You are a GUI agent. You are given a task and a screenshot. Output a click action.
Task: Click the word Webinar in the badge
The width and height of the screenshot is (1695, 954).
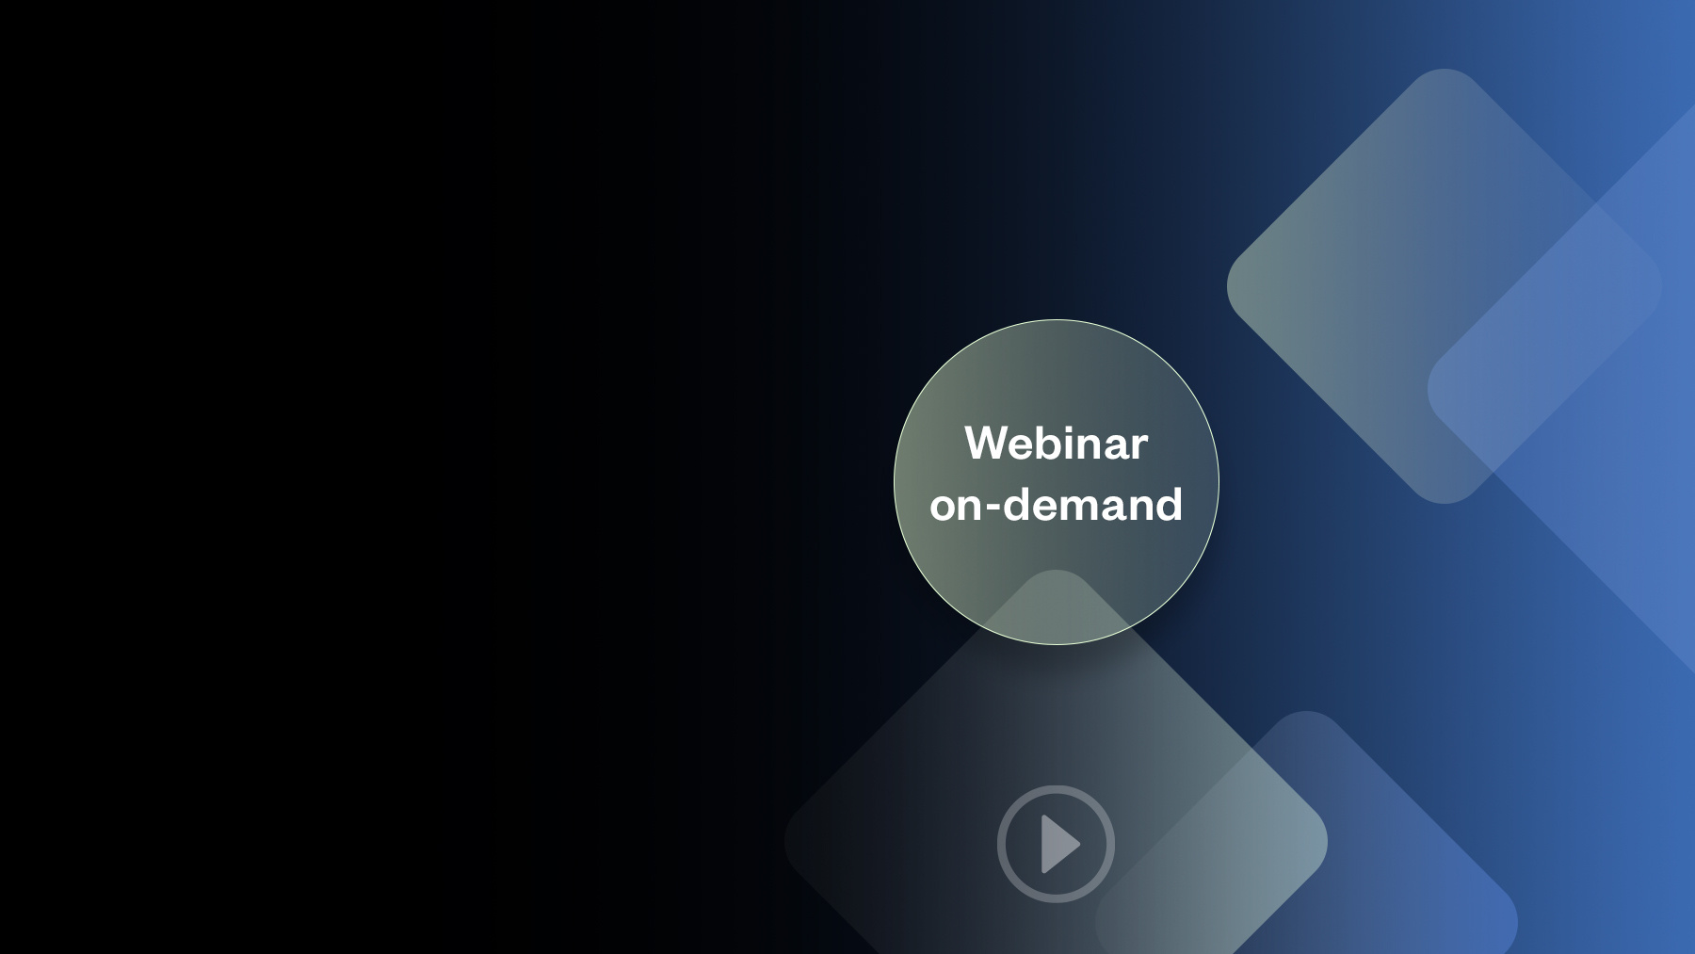[x=1056, y=443]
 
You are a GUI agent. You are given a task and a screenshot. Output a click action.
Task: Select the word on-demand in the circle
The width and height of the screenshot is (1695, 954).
[x=1056, y=505]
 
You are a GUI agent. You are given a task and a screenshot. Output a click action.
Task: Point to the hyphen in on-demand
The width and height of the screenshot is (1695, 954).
[x=993, y=508]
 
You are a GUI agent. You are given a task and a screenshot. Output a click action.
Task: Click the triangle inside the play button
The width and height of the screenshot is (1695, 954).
[x=1058, y=844]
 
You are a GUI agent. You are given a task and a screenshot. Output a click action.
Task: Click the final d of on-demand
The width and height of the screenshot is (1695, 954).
[x=1168, y=504]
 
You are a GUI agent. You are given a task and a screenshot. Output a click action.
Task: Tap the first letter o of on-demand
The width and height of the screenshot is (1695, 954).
[x=943, y=509]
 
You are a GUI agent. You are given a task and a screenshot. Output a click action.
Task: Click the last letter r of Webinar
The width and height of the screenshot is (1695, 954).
[x=1140, y=447]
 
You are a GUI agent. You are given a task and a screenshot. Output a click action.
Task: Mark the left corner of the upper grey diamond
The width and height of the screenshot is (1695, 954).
[x=1228, y=286]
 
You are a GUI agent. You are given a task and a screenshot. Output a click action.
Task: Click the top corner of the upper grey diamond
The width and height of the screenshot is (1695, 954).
[x=1444, y=70]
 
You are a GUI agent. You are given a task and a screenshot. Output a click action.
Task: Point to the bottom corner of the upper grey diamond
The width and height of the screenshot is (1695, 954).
[x=1444, y=503]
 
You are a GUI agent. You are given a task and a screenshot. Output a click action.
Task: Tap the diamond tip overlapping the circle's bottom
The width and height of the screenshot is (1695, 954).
[x=1056, y=571]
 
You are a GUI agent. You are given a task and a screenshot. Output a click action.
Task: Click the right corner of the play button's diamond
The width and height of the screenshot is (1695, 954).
[x=1327, y=841]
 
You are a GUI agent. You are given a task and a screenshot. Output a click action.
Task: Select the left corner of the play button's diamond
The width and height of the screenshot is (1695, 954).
[x=785, y=841]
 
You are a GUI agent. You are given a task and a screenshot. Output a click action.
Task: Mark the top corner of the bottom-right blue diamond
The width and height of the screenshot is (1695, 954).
[x=1305, y=712]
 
